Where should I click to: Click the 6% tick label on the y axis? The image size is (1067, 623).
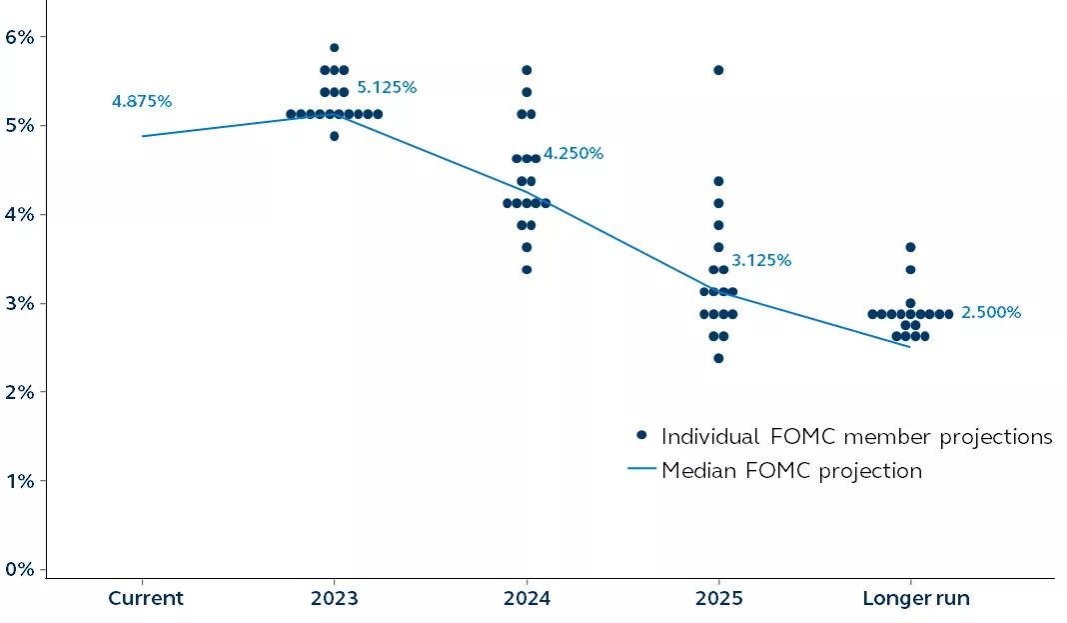20,37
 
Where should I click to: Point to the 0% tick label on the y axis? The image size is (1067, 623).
20,569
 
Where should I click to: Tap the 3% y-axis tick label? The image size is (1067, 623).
20,303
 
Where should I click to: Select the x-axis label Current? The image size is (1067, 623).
146,599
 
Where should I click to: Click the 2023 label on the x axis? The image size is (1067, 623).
334,599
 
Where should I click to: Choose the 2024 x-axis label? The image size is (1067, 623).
527,599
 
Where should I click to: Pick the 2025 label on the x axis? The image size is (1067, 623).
718,599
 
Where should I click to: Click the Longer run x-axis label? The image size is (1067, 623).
916,599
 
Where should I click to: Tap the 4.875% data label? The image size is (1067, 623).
142,102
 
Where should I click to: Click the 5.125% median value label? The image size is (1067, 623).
387,88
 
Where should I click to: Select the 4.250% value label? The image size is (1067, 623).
573,154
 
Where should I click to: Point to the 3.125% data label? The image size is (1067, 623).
761,261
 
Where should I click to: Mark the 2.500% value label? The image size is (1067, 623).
991,313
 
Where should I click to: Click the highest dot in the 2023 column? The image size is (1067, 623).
334,48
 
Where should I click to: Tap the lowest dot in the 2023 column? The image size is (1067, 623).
334,136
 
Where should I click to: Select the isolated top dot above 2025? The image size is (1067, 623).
718,70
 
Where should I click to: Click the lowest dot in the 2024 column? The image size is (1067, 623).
527,269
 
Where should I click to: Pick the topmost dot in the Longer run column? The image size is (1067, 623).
910,247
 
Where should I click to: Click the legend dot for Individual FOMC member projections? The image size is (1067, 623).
642,435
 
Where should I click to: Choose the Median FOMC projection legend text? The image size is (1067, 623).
791,470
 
